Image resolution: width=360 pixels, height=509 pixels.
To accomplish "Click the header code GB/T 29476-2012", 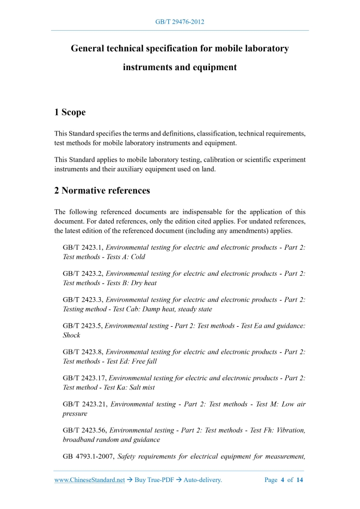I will (180, 22).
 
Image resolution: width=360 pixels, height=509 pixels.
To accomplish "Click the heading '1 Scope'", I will (70, 112).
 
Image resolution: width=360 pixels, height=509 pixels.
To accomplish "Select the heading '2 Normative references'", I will (102, 191).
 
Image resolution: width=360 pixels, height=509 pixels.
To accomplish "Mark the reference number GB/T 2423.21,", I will (85, 404).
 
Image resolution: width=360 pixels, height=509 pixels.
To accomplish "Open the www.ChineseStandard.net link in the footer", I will (89, 480).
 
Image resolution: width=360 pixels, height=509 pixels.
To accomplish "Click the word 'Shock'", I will (72, 335).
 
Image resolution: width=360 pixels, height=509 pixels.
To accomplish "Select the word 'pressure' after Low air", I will (75, 413).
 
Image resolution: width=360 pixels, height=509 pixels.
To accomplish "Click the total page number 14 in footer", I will (299, 480).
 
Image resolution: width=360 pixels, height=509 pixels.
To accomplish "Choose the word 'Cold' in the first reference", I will (138, 257).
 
